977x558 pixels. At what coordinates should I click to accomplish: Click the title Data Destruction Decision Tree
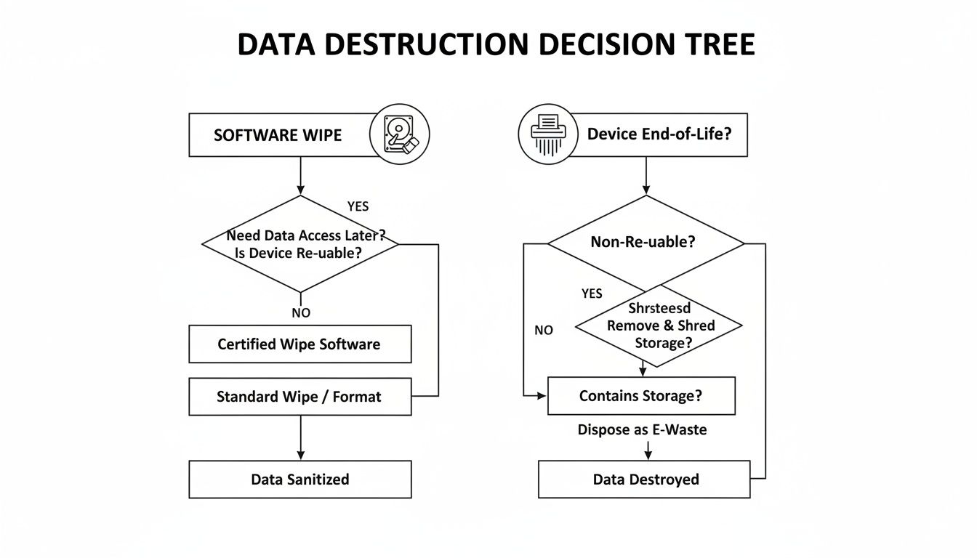(496, 45)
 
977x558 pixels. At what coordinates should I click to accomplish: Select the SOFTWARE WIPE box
(278, 135)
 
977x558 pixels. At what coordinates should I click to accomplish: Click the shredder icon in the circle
(547, 134)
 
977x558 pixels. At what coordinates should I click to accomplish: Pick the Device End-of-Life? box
(659, 134)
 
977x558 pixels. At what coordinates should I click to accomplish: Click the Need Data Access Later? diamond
(300, 244)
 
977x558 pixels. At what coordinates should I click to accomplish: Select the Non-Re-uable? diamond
(646, 242)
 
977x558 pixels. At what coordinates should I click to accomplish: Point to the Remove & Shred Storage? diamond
(659, 325)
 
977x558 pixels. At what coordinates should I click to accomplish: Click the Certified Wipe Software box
(299, 344)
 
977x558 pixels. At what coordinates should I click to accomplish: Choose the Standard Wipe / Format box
(299, 397)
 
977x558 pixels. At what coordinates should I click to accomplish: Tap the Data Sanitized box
(299, 480)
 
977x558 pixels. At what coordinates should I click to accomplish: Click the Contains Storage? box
(640, 396)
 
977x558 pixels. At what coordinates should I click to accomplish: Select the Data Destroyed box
(644, 480)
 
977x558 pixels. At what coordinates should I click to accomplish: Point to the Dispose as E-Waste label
(642, 430)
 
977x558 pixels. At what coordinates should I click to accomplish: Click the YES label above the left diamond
(358, 206)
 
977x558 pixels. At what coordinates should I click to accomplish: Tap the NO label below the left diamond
(300, 312)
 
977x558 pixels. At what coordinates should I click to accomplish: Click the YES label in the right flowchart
(592, 294)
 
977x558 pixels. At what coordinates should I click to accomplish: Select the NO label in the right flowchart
(544, 330)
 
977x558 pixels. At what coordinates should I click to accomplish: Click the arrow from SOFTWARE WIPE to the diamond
(300, 176)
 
